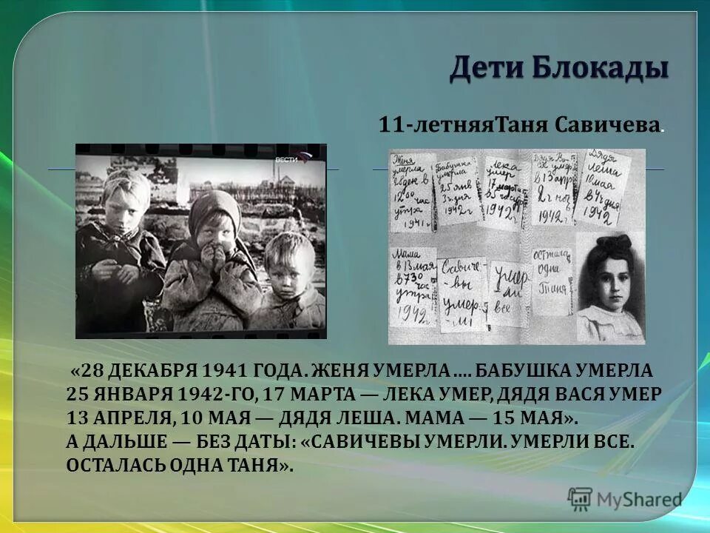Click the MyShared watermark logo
[x=625, y=499]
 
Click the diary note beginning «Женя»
[x=411, y=189]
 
